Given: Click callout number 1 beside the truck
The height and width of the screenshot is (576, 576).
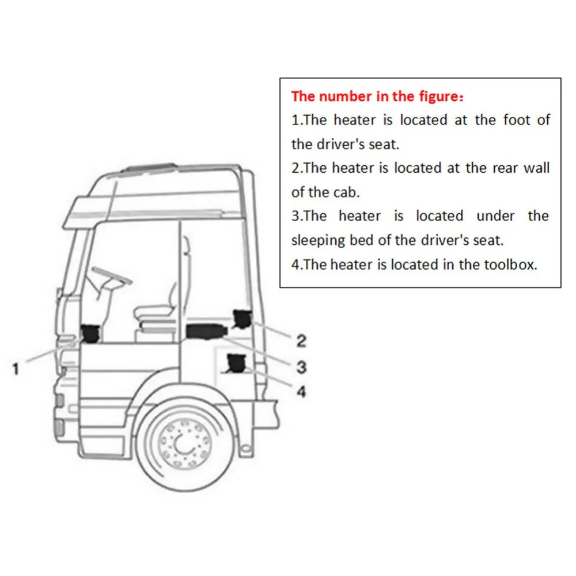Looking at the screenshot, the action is pos(16,369).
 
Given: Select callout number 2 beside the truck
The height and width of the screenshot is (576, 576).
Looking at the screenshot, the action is pos(301,341).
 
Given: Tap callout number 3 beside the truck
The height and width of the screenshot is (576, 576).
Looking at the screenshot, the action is pos(301,366).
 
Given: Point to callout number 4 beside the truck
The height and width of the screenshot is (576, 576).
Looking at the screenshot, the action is pos(301,392).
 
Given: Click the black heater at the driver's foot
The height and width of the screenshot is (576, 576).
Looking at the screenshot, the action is pos(90,334).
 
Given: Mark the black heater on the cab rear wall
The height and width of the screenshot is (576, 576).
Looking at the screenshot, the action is pos(242,319).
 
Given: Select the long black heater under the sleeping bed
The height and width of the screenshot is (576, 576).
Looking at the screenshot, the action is pos(206,331).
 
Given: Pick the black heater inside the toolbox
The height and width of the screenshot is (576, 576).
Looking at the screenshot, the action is pos(237,363).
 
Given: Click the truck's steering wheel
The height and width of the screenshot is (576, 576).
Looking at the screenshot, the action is pos(112,275).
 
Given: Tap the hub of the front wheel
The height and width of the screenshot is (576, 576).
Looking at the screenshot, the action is pos(184,444).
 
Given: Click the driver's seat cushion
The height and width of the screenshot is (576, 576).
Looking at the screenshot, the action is pos(154,313).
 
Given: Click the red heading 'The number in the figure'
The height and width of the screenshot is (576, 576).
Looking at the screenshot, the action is pos(377,96).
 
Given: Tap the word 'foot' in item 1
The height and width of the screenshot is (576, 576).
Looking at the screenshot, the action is pos(516,120).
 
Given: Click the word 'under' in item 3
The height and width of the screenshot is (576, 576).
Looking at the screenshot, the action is pos(495,216).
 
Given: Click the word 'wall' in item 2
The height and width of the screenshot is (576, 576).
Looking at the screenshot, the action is pos(536,168).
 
